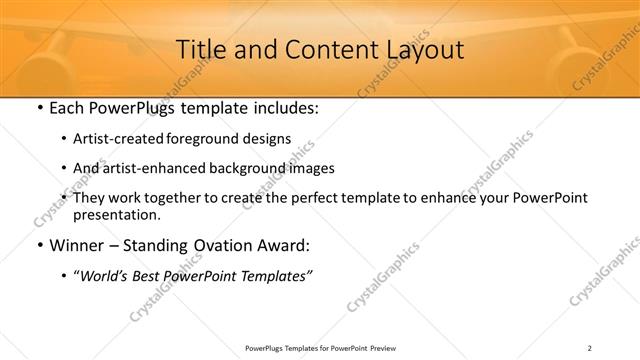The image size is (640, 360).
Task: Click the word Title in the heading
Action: pyautogui.click(x=199, y=49)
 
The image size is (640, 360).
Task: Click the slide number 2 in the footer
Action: pyautogui.click(x=589, y=347)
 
